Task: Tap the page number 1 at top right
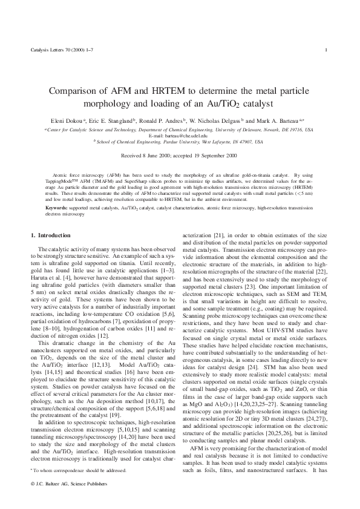coord(327,49)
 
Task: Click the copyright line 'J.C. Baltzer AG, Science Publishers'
coord(71,484)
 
